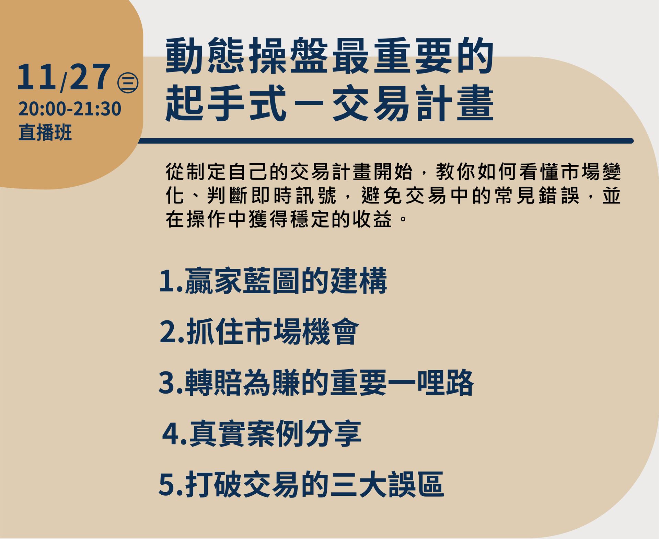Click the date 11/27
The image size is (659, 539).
tap(63, 78)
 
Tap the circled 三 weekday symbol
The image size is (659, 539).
tap(128, 83)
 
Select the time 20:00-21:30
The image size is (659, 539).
tap(70, 109)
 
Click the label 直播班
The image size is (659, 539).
tap(45, 132)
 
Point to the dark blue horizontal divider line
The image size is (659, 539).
tap(386, 141)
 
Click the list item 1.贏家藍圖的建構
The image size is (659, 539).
tap(273, 281)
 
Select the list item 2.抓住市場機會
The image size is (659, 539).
tap(259, 331)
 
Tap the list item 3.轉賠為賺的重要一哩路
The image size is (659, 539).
tap(316, 382)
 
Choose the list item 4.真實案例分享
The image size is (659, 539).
tap(262, 433)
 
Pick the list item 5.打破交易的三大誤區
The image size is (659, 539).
tap(301, 484)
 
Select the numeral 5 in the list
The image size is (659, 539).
tap(167, 485)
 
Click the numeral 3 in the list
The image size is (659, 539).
tap(167, 383)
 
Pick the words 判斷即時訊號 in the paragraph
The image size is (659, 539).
tap(271, 196)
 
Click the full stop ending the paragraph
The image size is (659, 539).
tap(404, 218)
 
